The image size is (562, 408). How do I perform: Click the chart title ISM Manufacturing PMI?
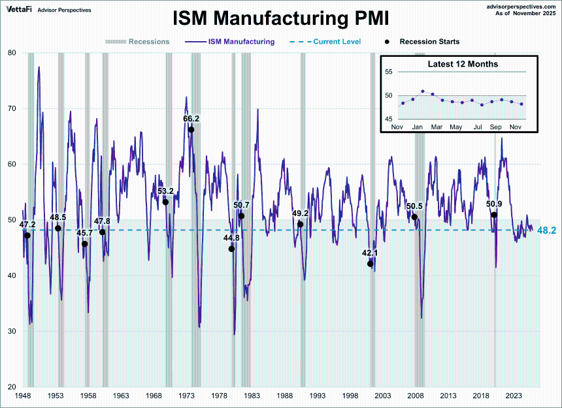[280, 18]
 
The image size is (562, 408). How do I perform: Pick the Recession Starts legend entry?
[429, 42]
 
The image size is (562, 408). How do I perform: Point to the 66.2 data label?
[191, 119]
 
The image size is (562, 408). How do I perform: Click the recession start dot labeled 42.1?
[371, 264]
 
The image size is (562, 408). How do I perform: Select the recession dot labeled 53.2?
[165, 202]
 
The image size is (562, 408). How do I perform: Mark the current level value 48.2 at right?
[546, 230]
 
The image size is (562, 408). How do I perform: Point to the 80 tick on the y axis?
[12, 53]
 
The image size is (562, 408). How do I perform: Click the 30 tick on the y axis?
[12, 331]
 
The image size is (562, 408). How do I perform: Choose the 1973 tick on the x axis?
[186, 396]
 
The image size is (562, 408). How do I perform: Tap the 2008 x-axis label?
[416, 396]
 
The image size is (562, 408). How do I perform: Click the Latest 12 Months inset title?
[463, 64]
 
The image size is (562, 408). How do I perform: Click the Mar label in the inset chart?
[436, 127]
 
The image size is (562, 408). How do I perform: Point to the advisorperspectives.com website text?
[516, 5]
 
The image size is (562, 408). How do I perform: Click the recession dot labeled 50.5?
[414, 217]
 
